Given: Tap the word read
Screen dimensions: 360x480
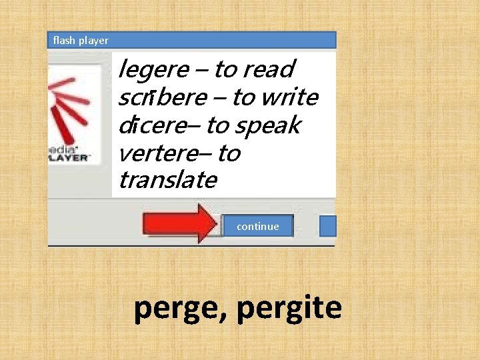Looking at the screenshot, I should tap(269, 69).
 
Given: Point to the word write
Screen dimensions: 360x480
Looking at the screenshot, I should tap(289, 97).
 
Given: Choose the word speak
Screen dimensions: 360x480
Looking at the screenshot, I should tap(267, 126).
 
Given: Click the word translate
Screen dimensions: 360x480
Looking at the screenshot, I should tap(167, 179).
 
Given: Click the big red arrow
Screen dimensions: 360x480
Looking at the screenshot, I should tap(181, 223).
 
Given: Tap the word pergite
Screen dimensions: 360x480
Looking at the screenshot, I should tap(289, 309).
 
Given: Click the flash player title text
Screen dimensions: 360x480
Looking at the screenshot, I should tap(80, 41).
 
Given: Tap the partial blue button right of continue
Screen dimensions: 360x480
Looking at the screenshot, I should tap(328, 225).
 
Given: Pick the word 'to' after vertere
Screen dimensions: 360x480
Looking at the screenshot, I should tap(229, 153).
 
